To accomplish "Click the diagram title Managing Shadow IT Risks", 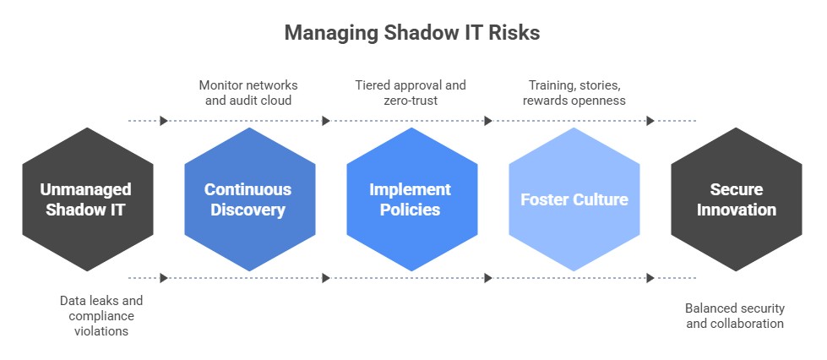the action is (x=412, y=33).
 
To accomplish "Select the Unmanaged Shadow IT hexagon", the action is (x=88, y=199).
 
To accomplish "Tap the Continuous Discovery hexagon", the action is (x=250, y=199).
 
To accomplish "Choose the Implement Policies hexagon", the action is (x=412, y=199).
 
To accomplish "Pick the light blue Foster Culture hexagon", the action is (x=574, y=199).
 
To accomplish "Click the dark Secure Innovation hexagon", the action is (x=737, y=199).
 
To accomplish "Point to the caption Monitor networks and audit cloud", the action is (x=248, y=92).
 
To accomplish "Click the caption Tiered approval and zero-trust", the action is (x=411, y=92).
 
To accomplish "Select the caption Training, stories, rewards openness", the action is (x=574, y=92).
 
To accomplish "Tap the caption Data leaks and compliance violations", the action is (x=101, y=316).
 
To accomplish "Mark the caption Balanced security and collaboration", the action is (x=735, y=316).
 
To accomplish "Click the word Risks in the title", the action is (x=514, y=33).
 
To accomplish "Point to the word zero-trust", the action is (x=411, y=101).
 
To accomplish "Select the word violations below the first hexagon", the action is (x=101, y=331).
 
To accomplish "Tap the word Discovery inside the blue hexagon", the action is (x=248, y=210).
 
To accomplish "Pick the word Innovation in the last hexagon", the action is (x=737, y=210).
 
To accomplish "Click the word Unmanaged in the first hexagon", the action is (x=85, y=189).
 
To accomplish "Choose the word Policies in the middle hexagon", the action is (x=410, y=210).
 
